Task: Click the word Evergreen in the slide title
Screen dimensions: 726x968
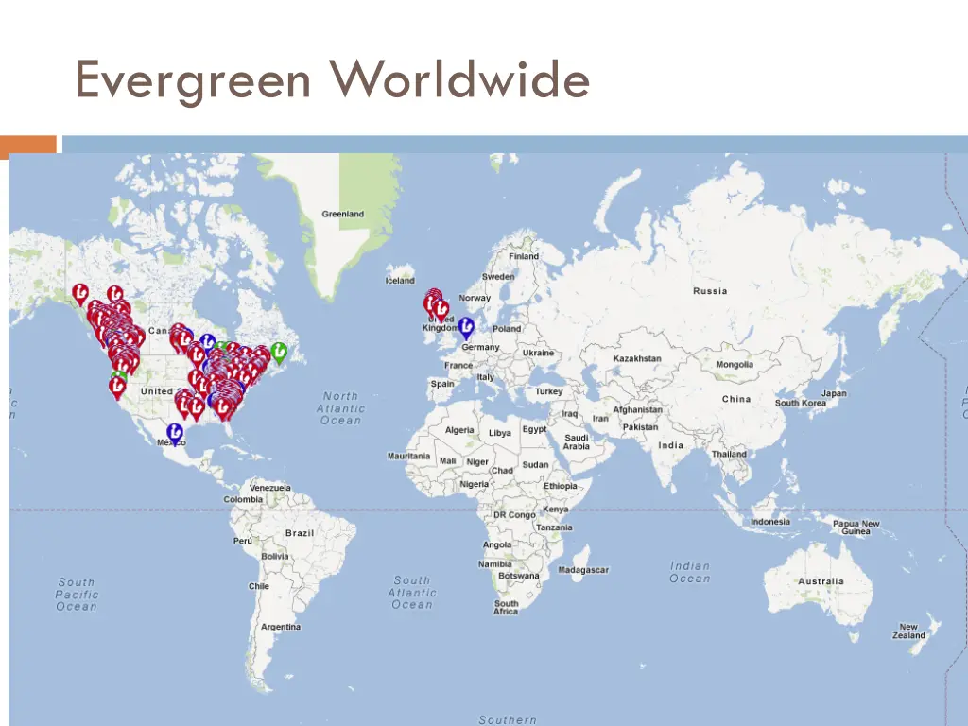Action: tap(193, 79)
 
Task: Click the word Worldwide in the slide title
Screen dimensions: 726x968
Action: tap(460, 79)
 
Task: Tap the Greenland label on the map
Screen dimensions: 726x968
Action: tap(342, 215)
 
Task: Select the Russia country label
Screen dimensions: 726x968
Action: tap(710, 291)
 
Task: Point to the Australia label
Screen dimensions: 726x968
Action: tap(821, 582)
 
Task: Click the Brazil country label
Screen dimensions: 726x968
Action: tap(300, 533)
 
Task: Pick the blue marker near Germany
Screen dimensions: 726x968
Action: tap(466, 326)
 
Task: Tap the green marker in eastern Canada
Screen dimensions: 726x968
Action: tap(279, 352)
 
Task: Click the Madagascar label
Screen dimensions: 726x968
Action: tap(583, 571)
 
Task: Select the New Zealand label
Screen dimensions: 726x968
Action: tap(907, 631)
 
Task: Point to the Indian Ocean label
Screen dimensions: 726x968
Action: tap(689, 573)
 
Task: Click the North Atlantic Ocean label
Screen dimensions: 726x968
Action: tap(340, 408)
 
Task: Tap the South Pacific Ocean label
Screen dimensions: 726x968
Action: tap(77, 595)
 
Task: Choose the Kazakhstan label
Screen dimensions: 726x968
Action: tap(637, 359)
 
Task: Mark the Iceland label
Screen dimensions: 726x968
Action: tap(400, 281)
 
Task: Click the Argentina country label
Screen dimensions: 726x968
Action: tap(281, 627)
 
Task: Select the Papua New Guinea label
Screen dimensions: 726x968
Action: tap(856, 527)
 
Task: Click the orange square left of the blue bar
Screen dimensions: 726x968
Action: tap(28, 145)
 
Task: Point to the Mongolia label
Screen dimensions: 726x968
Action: tap(735, 365)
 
